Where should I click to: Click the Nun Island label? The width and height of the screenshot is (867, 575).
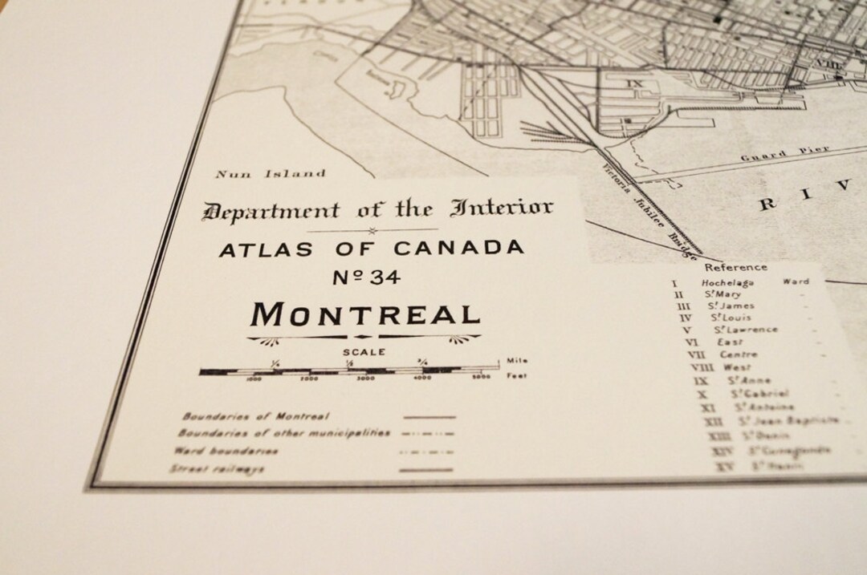[x=271, y=173]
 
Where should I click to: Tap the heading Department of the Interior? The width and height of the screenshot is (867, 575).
[x=377, y=210]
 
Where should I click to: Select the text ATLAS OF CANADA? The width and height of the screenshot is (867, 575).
[x=371, y=249]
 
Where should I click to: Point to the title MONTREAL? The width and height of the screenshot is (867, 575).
[x=365, y=313]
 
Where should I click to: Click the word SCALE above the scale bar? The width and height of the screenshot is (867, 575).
[x=364, y=351]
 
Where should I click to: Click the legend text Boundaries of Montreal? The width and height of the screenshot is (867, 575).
[x=256, y=416]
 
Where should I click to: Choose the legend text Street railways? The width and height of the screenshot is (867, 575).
[x=218, y=469]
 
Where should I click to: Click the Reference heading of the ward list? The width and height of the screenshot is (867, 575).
[x=736, y=267]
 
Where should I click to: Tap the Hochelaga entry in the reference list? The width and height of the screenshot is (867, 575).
[x=725, y=282]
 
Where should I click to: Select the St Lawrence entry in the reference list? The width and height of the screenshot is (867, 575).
[x=746, y=330]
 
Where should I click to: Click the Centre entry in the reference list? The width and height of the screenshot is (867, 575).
[x=738, y=354]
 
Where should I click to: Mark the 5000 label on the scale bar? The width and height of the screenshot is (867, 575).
[x=481, y=377]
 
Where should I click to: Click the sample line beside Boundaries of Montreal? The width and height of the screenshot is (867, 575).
[x=429, y=417]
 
